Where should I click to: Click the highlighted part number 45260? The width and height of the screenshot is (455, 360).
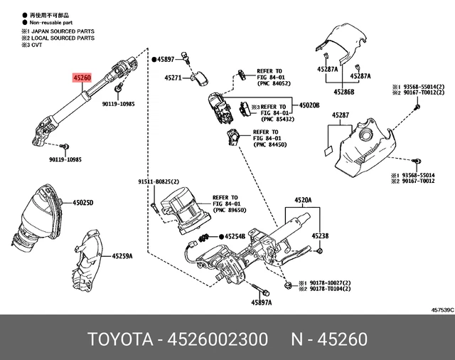[x=81, y=76]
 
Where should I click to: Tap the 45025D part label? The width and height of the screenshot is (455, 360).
[x=82, y=203]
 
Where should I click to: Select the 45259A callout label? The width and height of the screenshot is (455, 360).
[x=122, y=255]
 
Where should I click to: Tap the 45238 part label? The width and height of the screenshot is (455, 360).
[x=321, y=235]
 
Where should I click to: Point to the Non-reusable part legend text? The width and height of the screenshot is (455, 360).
[x=50, y=23]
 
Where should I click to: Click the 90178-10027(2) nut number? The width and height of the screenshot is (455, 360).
[x=334, y=283]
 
